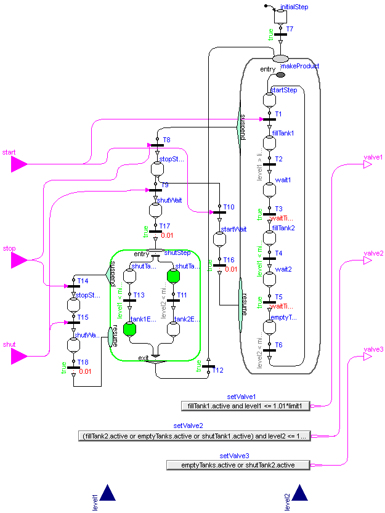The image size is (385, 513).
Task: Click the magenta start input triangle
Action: click(x=19, y=163)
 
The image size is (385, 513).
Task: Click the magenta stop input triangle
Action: click(x=19, y=260)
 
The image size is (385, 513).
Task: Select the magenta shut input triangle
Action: click(x=19, y=356)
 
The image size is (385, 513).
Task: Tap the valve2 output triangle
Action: click(x=368, y=261)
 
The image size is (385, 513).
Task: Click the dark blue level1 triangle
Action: click(x=108, y=493)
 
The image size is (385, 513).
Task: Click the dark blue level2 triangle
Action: click(x=301, y=493)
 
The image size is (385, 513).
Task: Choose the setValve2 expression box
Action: click(x=194, y=435)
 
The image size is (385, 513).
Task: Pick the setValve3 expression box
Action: click(x=237, y=465)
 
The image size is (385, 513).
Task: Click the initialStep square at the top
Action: click(x=280, y=14)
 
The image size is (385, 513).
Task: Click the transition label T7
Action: click(x=290, y=29)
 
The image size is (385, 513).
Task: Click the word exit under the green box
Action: click(x=144, y=358)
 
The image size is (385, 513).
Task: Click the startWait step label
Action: click(x=233, y=229)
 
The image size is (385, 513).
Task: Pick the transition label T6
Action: click(x=278, y=345)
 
